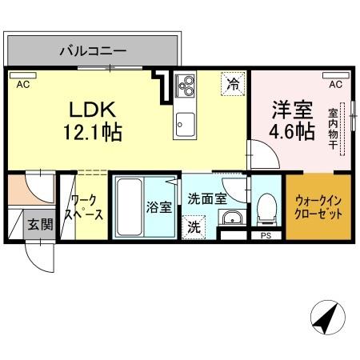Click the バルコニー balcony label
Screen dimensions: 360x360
[94, 51]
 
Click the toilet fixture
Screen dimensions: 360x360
[265, 210]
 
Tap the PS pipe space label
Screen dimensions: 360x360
[266, 236]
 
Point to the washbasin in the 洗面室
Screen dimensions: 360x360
[232, 220]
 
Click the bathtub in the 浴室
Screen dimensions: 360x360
[127, 206]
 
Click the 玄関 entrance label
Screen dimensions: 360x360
[39, 226]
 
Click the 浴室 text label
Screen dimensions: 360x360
[158, 207]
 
